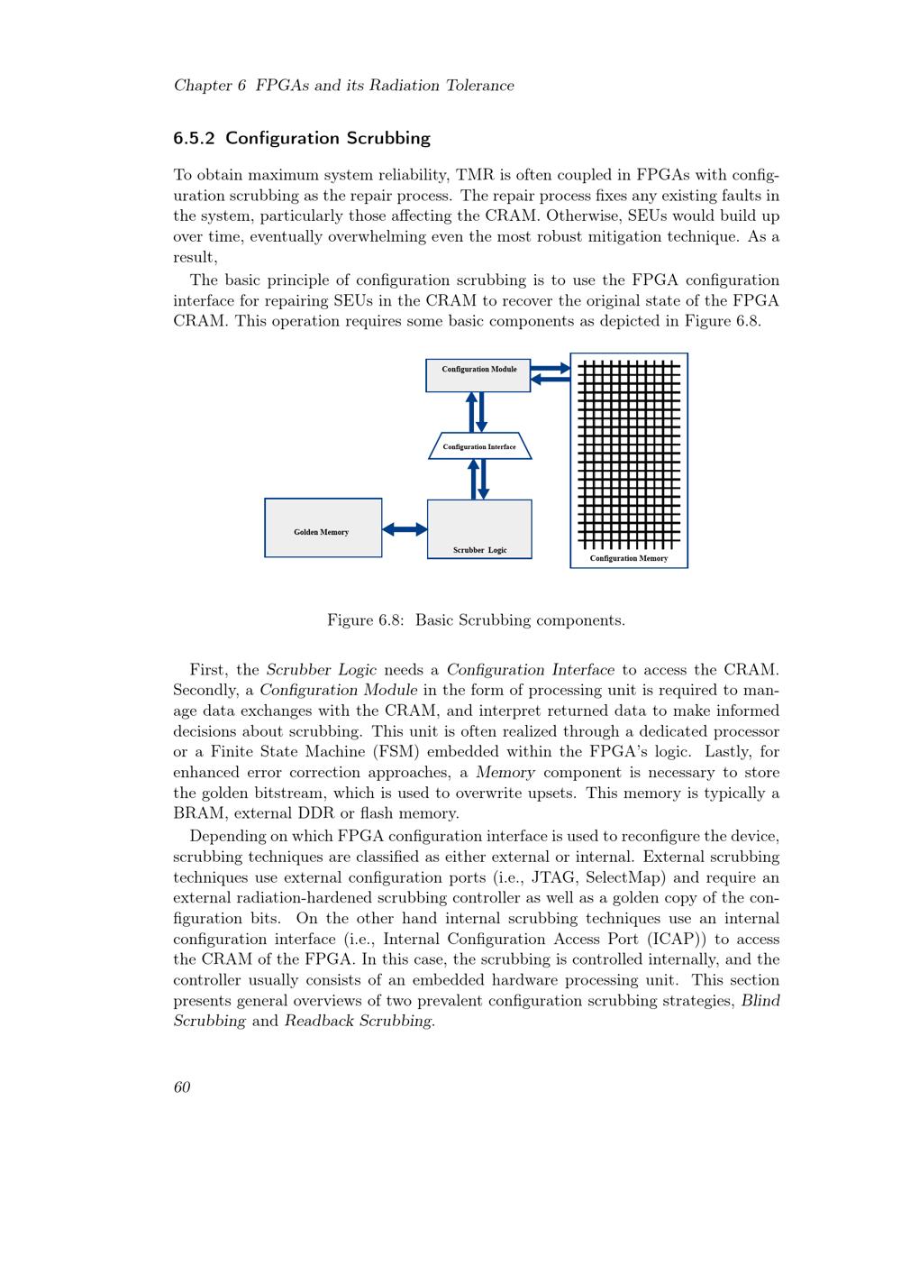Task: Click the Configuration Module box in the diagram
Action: click(x=478, y=375)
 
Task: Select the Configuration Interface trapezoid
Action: click(x=479, y=446)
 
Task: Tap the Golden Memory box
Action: click(x=323, y=527)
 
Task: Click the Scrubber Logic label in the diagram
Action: click(x=479, y=549)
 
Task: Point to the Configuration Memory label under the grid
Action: click(x=629, y=558)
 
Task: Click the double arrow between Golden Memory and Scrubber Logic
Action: click(x=405, y=529)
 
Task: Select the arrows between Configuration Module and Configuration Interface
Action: click(x=476, y=412)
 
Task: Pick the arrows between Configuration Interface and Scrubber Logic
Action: click(x=478, y=479)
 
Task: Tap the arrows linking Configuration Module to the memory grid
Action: click(x=550, y=373)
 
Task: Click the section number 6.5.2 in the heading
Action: click(x=195, y=139)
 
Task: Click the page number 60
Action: click(x=182, y=1087)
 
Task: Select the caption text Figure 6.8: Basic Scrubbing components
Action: click(x=476, y=620)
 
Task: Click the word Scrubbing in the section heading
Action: click(x=388, y=139)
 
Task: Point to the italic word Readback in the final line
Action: click(x=317, y=1022)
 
